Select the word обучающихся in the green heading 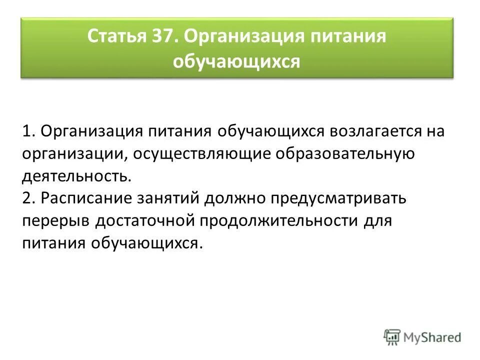236,62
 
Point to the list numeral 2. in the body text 29,198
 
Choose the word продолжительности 276,220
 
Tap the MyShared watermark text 432,337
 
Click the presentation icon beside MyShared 392,337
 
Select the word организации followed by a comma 74,154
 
